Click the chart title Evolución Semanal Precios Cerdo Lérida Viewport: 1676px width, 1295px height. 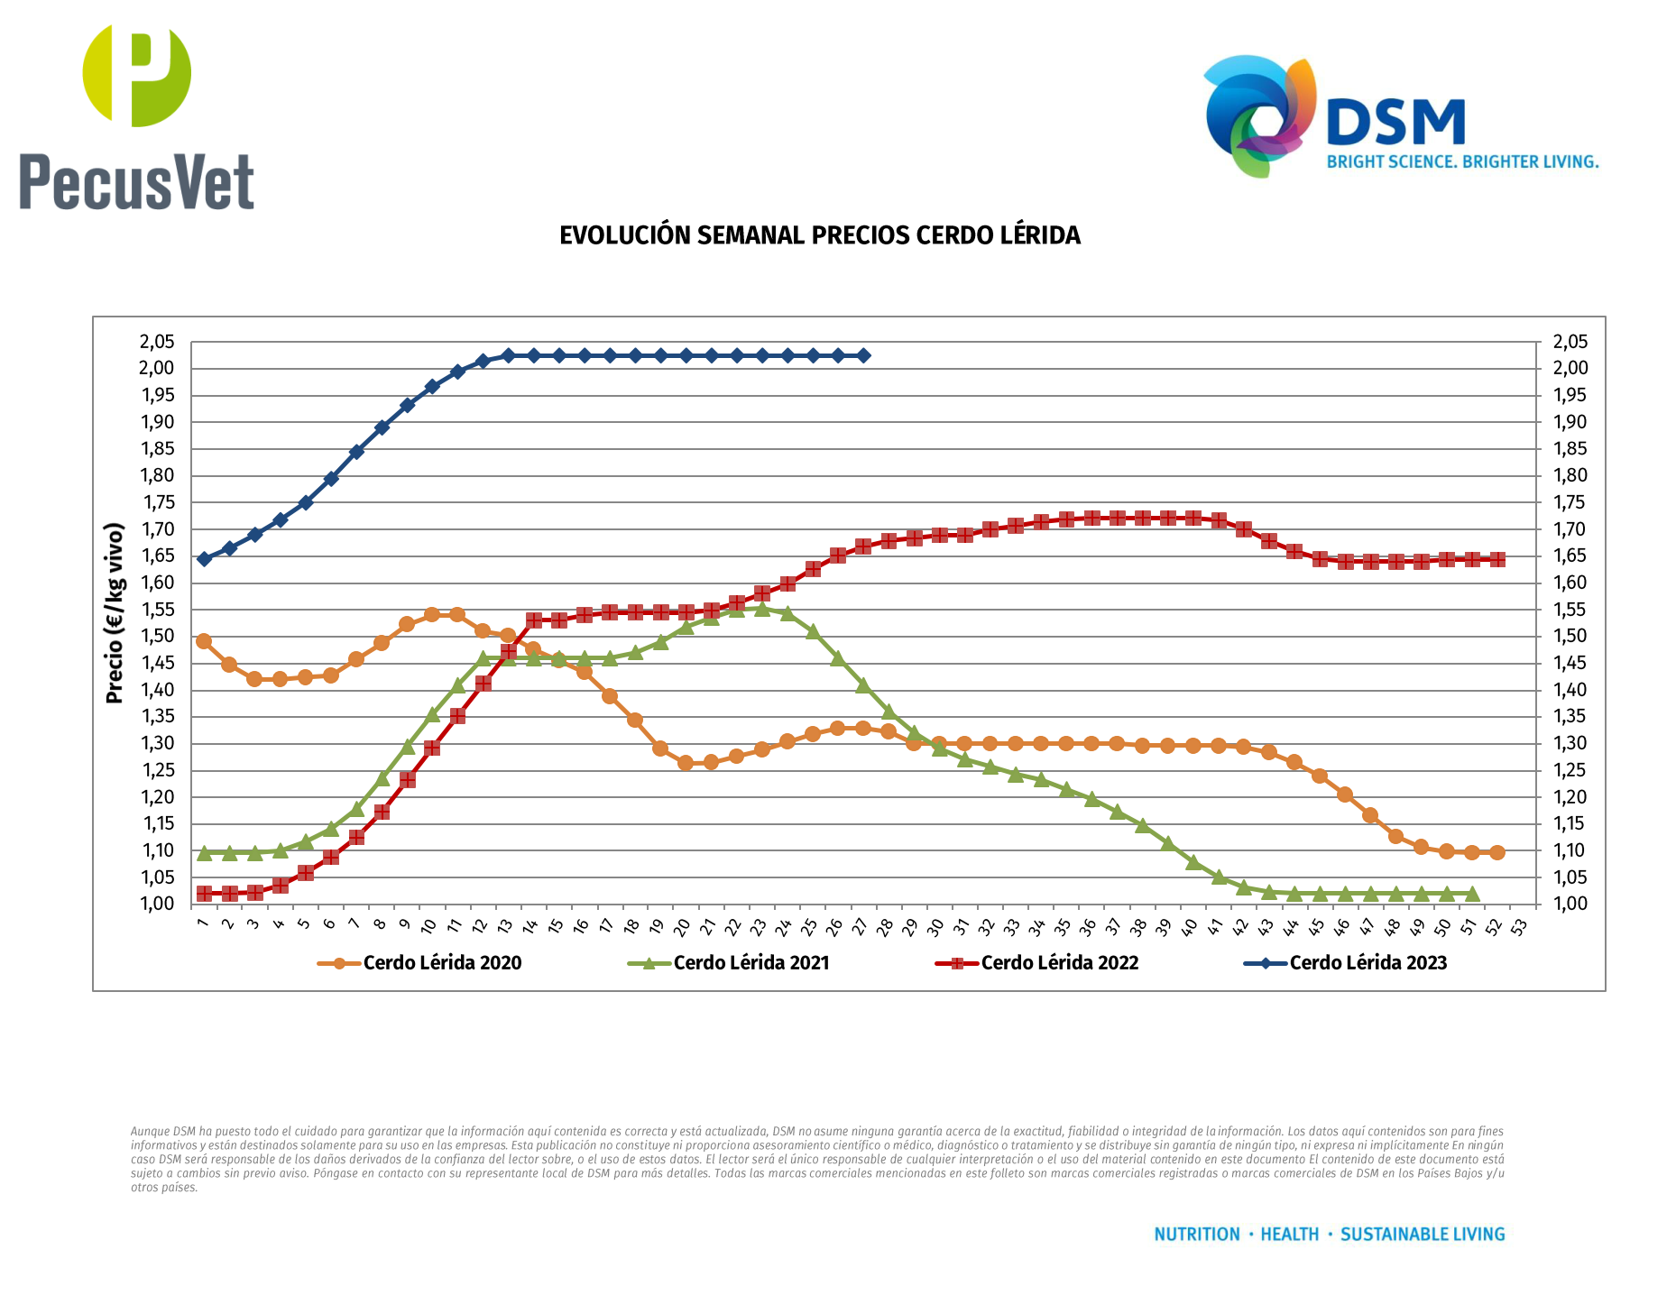[819, 235]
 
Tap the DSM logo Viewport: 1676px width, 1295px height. [1397, 115]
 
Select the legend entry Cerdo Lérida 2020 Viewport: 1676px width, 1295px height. [441, 963]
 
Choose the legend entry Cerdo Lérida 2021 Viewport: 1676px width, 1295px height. [751, 963]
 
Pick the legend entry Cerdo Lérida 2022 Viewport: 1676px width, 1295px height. [1059, 963]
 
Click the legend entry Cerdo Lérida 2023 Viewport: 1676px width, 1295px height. [1368, 963]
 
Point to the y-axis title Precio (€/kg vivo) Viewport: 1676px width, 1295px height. [114, 613]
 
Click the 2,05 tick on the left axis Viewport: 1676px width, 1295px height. [156, 342]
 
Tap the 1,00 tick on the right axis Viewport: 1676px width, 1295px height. [1570, 904]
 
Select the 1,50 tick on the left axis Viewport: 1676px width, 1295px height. [156, 636]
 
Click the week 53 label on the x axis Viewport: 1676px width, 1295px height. [1520, 926]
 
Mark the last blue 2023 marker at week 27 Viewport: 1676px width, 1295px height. [863, 355]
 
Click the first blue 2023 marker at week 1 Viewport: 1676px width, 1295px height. [204, 559]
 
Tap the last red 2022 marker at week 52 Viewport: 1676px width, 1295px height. [1497, 559]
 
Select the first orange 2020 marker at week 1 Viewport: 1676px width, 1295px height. [204, 641]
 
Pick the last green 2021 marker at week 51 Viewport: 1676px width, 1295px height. [1472, 894]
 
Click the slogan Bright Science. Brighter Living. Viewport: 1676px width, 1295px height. [1461, 162]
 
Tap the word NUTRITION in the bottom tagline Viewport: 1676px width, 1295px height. [1197, 1235]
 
